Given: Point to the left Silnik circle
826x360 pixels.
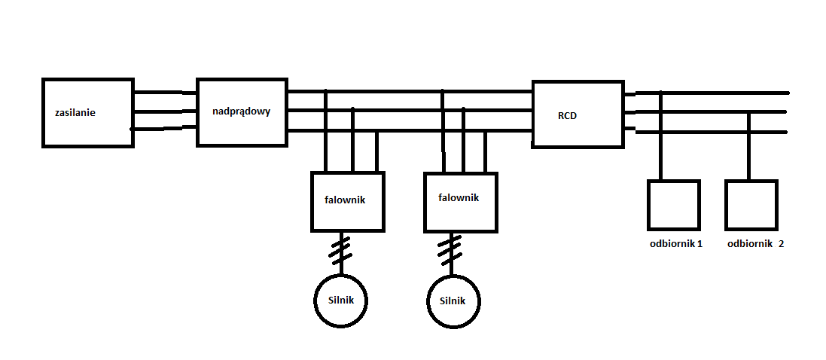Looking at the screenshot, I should tap(341, 301).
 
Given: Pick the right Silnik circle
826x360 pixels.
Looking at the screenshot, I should tap(455, 301).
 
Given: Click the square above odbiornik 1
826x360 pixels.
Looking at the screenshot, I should tap(674, 205).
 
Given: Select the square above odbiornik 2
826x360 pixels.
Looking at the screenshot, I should tap(751, 205).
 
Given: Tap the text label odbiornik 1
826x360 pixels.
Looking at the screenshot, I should tap(675, 244).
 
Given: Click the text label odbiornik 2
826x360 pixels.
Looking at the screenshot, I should tap(755, 244).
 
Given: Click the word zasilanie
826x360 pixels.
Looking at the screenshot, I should tap(75, 113).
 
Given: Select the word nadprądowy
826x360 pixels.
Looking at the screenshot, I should tap(241, 111).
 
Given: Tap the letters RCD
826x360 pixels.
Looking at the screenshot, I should tap(568, 116).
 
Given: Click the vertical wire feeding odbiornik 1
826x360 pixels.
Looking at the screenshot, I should tap(661, 136).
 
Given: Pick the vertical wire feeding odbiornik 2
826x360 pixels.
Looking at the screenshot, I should tap(748, 147).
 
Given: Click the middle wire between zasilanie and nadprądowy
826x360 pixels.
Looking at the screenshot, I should tap(165, 111).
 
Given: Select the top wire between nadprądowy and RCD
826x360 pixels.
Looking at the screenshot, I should tap(410, 92).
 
